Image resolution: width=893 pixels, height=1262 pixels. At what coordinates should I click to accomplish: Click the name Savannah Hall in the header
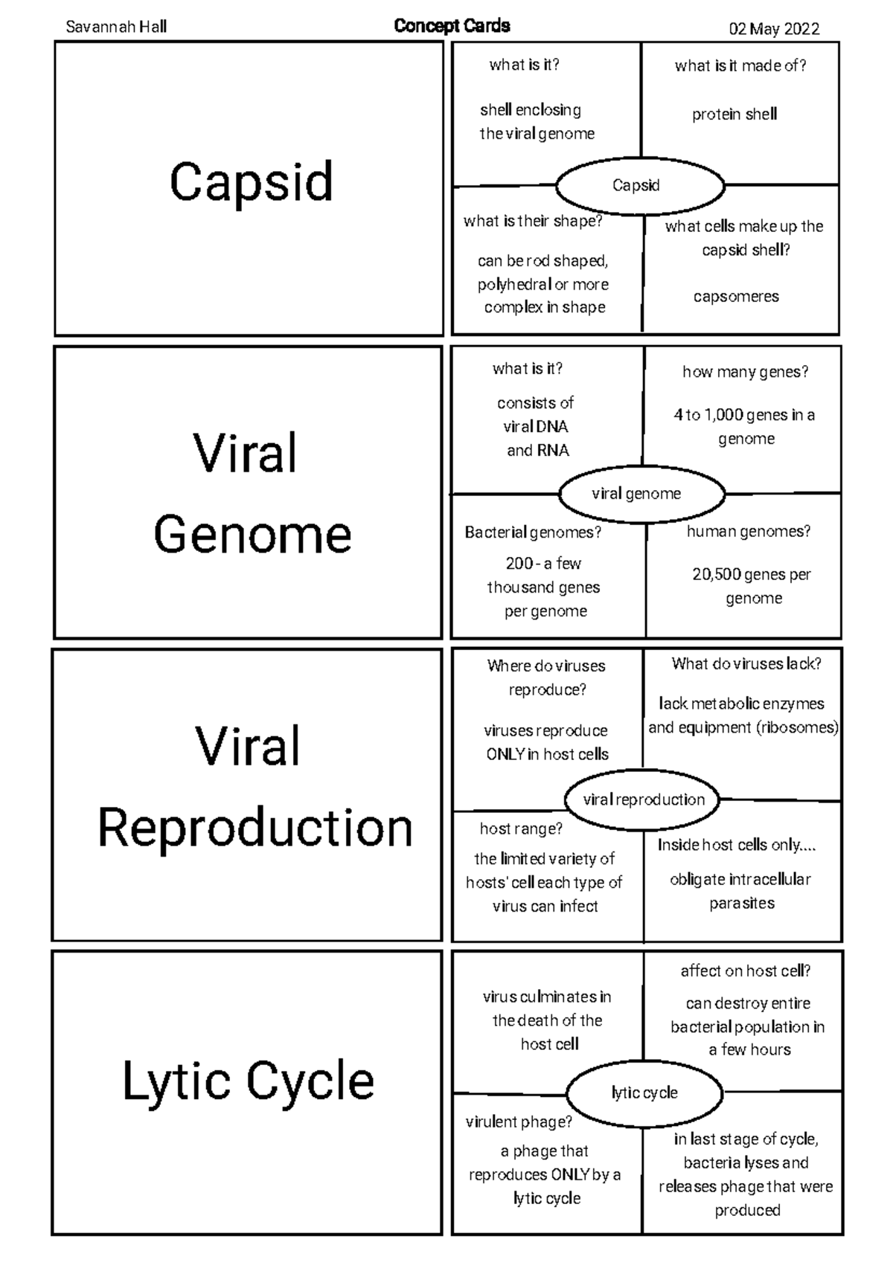coord(116,27)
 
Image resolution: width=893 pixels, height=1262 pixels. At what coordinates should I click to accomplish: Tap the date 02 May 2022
coord(774,29)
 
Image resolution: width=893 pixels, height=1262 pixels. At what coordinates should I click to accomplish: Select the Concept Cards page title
coord(452,26)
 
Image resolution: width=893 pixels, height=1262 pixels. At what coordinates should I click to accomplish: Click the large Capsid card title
coord(252,182)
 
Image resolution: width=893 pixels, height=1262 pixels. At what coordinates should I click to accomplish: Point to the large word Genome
coord(252,535)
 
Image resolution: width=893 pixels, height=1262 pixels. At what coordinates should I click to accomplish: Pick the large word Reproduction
coord(255,827)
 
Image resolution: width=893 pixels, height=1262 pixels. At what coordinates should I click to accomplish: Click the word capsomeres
coord(736,297)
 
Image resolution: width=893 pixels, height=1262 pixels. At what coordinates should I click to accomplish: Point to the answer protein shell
coord(734,115)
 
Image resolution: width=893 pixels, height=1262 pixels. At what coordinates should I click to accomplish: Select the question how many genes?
coord(746,372)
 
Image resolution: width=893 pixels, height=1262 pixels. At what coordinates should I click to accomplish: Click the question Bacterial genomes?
coord(533,532)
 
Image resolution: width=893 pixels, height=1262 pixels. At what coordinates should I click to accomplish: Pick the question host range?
coord(521,828)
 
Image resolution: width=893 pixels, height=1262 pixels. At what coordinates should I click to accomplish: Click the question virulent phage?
coord(519,1122)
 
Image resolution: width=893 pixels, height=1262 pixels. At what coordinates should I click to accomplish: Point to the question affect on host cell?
coord(746,970)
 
